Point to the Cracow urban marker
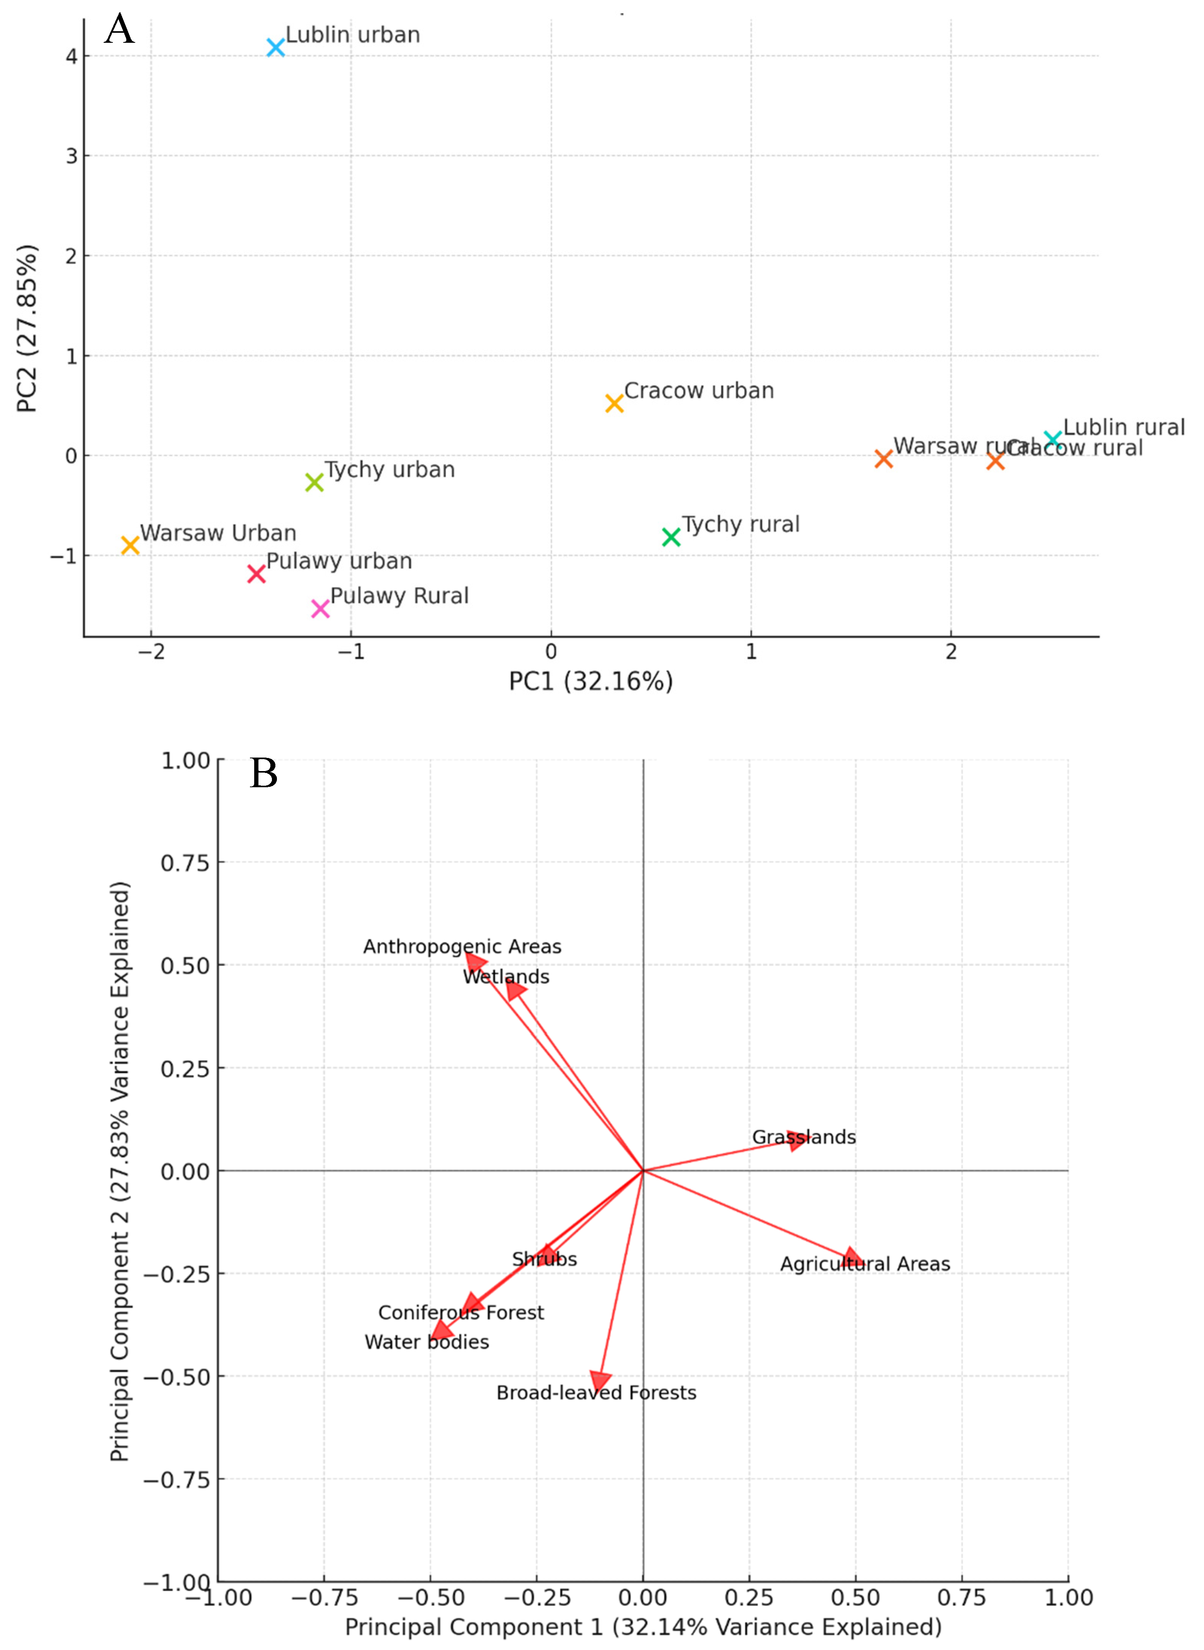click(614, 403)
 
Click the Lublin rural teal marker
click(1052, 439)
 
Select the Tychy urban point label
click(390, 470)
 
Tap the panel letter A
click(119, 30)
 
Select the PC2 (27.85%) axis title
click(27, 328)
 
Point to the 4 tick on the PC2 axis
click(71, 56)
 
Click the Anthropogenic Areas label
click(462, 946)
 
